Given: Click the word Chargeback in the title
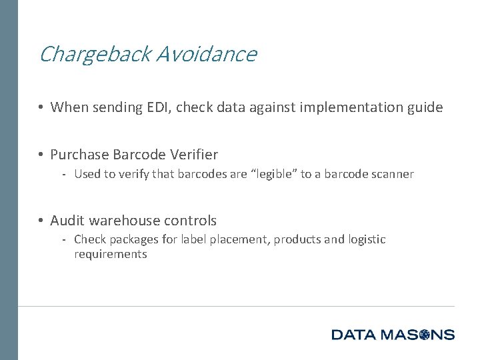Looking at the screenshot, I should click(x=95, y=54).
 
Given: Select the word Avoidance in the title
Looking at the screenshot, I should click(x=206, y=54).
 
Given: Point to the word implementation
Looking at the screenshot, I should click(x=343, y=107).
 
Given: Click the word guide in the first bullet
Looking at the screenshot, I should click(x=425, y=107).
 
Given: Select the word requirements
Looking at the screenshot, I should click(x=110, y=254).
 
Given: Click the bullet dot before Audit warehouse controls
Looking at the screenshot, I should click(x=41, y=221).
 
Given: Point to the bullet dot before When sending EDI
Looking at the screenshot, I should click(x=41, y=107).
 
